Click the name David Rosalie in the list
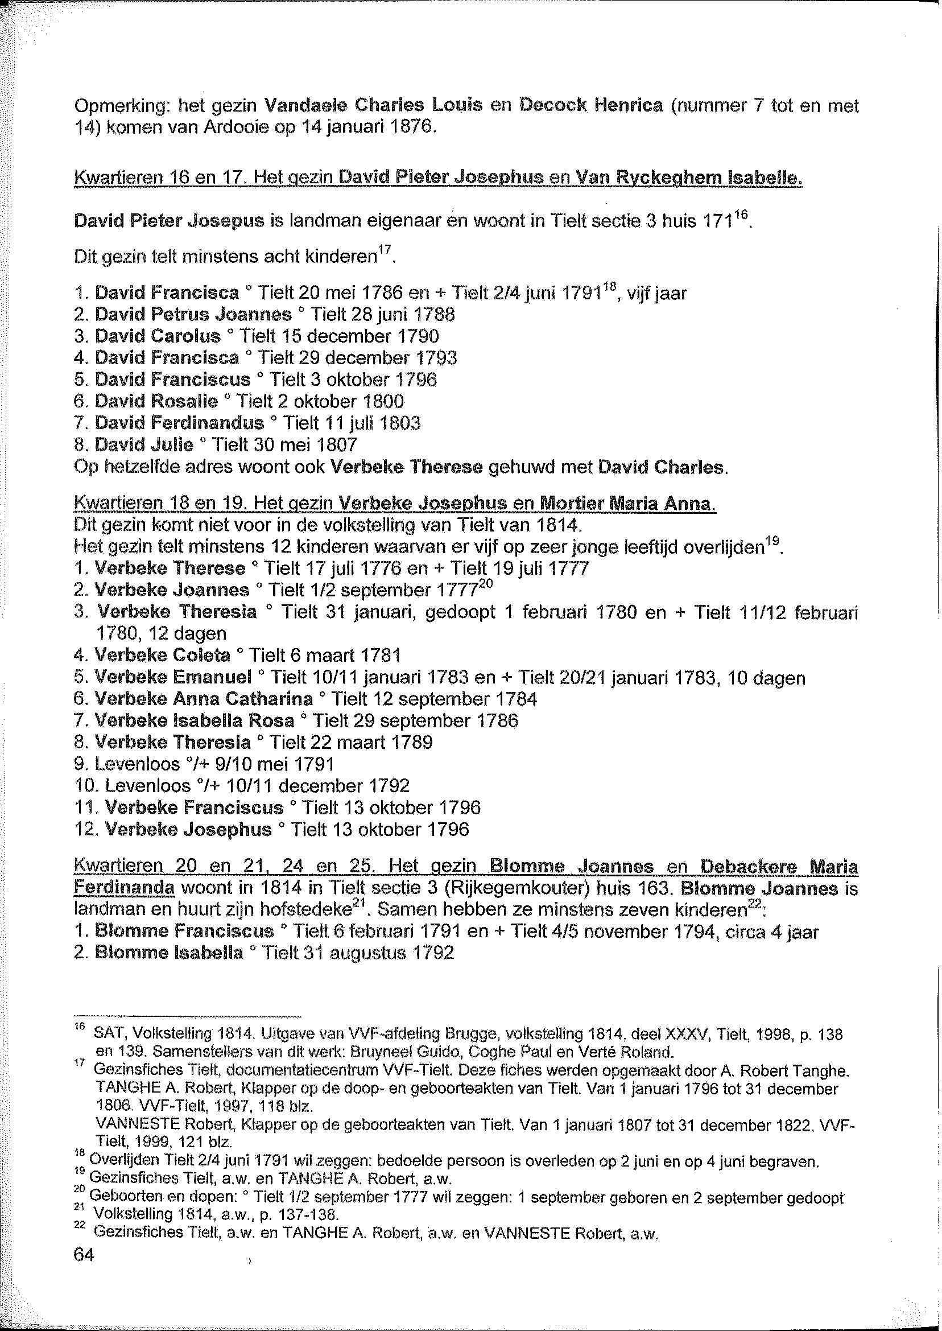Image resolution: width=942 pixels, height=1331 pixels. pyautogui.click(x=156, y=402)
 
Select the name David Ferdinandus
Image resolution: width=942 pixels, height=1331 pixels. pyautogui.click(x=179, y=423)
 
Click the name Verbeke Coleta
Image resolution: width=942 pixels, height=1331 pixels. pyautogui.click(x=162, y=656)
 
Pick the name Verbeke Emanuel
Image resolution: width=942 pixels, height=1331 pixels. pyautogui.click(x=172, y=678)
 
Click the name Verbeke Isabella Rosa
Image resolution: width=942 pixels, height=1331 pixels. pyautogui.click(x=194, y=721)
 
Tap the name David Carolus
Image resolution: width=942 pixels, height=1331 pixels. pyautogui.click(x=158, y=336)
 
